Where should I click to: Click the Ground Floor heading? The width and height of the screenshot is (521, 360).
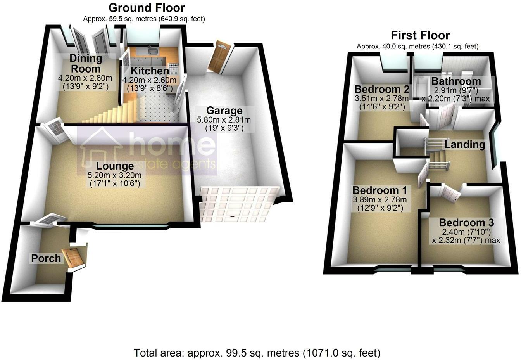tap(147, 7)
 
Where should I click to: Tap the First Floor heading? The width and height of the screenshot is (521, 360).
tap(420, 35)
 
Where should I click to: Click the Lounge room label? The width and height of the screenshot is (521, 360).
tap(115, 166)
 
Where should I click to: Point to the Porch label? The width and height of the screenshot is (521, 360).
tap(46, 258)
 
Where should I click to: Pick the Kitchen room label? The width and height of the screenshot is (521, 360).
tap(149, 71)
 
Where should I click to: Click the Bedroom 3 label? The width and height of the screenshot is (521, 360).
tap(466, 223)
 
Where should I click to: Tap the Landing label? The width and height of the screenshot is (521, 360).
tap(464, 145)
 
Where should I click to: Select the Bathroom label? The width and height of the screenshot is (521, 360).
tap(456, 81)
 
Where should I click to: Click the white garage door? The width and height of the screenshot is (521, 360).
tap(239, 204)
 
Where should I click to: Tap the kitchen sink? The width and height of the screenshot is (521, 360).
tap(152, 52)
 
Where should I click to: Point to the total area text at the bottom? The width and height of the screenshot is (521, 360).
tap(257, 353)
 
